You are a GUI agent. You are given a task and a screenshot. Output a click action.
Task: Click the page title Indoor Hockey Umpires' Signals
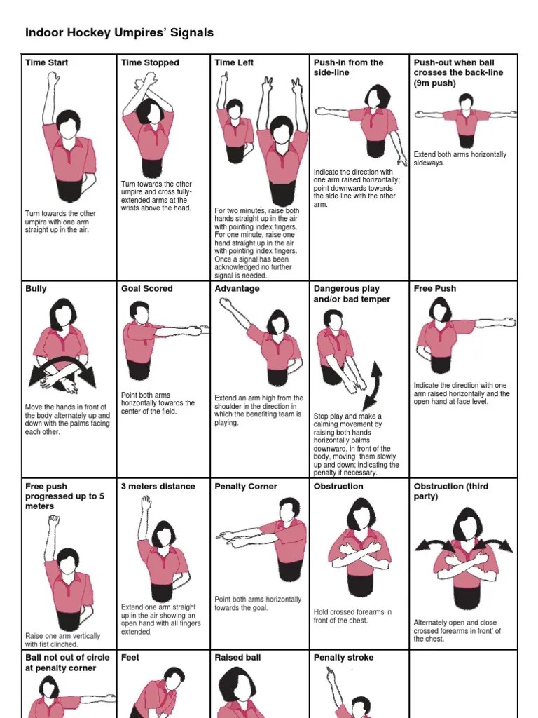[x=119, y=33]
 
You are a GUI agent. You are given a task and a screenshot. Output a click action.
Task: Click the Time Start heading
[x=46, y=62]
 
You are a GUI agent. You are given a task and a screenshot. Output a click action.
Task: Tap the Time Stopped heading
[x=150, y=62]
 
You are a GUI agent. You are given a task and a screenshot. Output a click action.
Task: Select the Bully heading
[x=36, y=288]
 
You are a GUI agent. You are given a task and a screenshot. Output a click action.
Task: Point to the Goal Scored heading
[x=146, y=288]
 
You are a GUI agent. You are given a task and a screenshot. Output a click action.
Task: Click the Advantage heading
[x=237, y=288]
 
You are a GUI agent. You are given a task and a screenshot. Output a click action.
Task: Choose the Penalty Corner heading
[x=246, y=486]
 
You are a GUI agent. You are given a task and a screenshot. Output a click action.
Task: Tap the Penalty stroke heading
[x=343, y=657]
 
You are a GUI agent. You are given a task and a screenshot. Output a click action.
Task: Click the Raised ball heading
[x=237, y=657]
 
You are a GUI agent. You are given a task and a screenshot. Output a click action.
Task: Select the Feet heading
[x=130, y=657]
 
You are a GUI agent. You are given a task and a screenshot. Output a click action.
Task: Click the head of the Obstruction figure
[x=359, y=515]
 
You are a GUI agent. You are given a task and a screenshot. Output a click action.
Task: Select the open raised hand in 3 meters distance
[x=145, y=503]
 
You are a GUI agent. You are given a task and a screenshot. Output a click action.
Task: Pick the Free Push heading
[x=435, y=288]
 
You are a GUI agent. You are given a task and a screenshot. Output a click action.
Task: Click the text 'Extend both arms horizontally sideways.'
[x=460, y=158]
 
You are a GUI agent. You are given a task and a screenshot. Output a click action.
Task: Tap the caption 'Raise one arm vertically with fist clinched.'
[x=62, y=639]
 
